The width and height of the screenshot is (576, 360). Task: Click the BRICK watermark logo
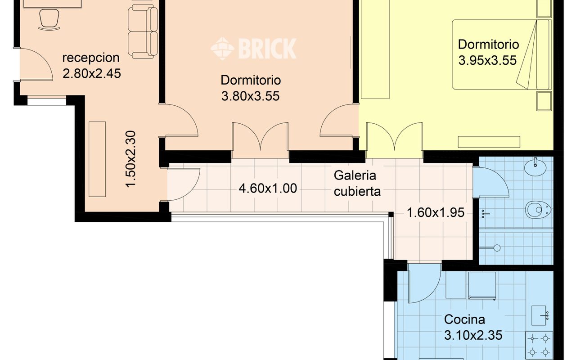click(253, 49)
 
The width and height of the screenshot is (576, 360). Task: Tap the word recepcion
click(91, 58)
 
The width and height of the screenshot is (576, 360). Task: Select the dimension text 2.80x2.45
click(91, 73)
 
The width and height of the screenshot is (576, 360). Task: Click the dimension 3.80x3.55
click(250, 96)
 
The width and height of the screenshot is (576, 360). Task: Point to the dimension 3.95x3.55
click(487, 60)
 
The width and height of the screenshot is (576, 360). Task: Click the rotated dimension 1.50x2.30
click(130, 159)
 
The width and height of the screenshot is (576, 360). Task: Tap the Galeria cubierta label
click(357, 183)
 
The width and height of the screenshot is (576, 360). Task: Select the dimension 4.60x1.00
click(268, 188)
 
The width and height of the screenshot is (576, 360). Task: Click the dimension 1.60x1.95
click(436, 213)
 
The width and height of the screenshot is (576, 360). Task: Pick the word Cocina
click(464, 319)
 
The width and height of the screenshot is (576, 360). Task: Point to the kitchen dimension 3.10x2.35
click(473, 335)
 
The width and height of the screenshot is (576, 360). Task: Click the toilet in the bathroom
click(538, 210)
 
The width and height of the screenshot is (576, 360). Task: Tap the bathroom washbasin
click(535, 167)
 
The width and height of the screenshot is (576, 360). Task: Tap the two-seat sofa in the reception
click(143, 31)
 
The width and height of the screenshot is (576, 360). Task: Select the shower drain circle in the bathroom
click(497, 248)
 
